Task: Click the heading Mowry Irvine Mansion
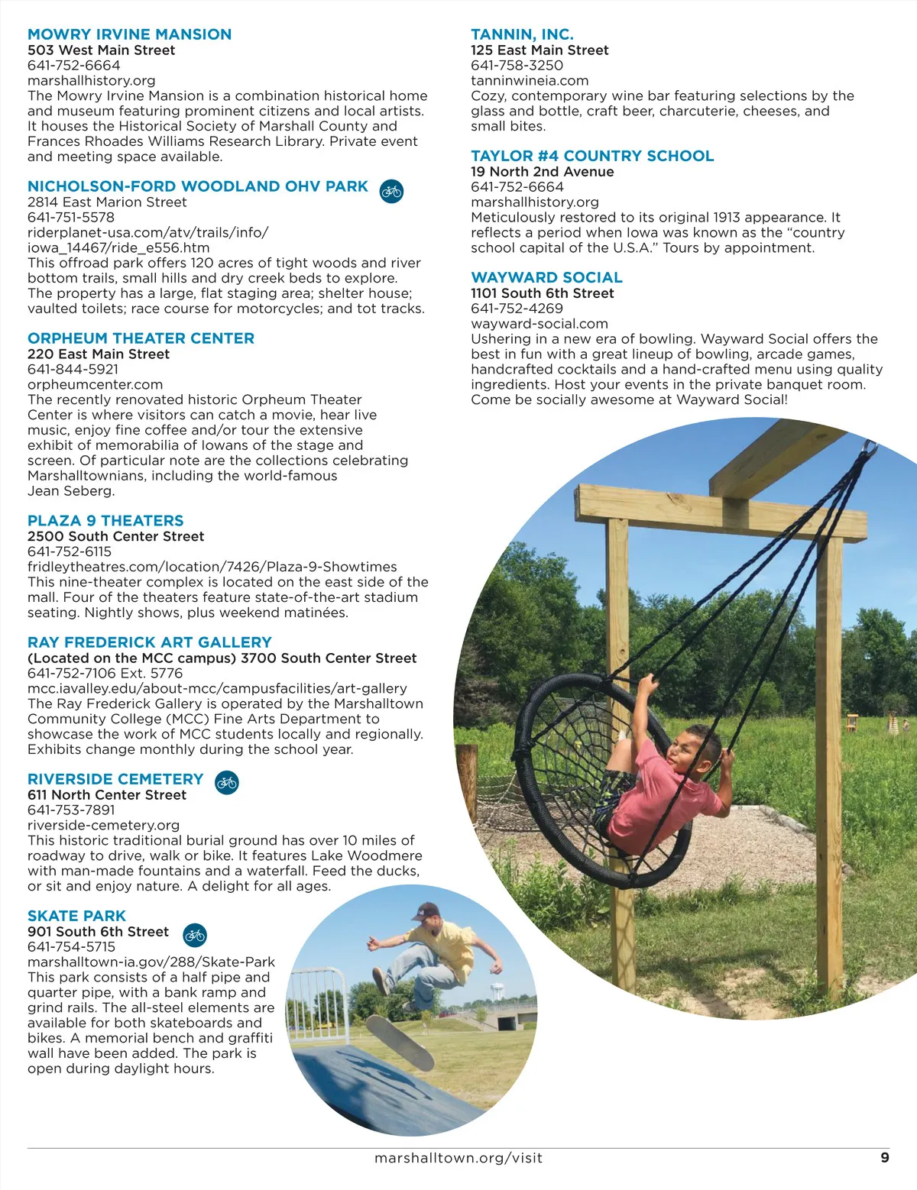click(129, 34)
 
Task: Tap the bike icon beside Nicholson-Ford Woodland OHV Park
click(391, 191)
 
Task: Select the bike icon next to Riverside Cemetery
click(227, 782)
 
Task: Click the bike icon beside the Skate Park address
click(195, 934)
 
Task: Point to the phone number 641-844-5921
click(73, 369)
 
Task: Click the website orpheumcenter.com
click(95, 384)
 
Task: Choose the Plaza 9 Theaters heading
click(105, 521)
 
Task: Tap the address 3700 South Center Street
click(329, 658)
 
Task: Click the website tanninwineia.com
click(530, 80)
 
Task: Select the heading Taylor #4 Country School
click(592, 156)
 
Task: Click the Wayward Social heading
click(546, 277)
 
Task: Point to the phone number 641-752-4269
click(517, 308)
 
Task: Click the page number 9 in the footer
click(885, 1157)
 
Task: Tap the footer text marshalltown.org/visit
click(458, 1158)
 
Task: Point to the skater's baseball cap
click(426, 910)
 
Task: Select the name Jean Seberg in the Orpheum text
click(71, 491)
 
